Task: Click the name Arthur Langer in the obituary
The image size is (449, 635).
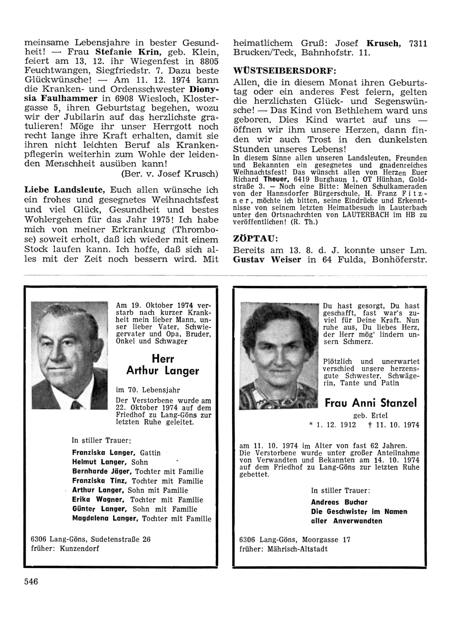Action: (162, 371)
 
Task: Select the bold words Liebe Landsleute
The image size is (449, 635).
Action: (64, 191)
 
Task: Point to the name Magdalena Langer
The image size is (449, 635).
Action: (104, 519)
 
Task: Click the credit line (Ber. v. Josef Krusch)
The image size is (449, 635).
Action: (170, 173)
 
